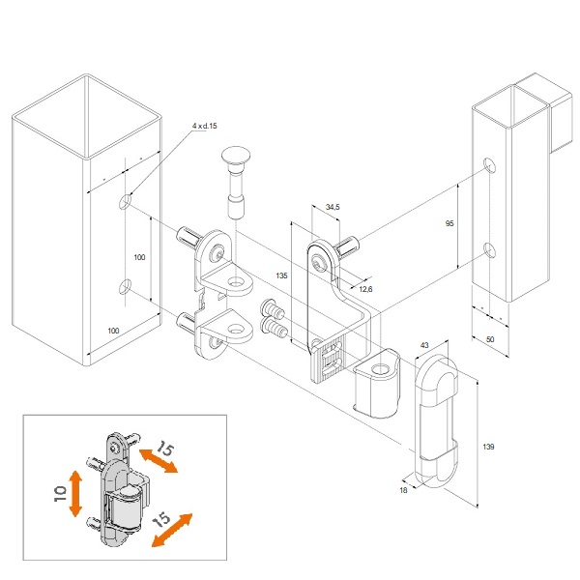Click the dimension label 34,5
pyautogui.click(x=333, y=207)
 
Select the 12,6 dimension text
pyautogui.click(x=365, y=289)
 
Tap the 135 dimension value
pyautogui.click(x=281, y=275)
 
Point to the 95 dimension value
pyautogui.click(x=449, y=223)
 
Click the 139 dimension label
pyautogui.click(x=488, y=447)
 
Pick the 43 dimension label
pyautogui.click(x=424, y=345)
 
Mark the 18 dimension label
pyautogui.click(x=403, y=490)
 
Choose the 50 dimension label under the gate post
pyautogui.click(x=490, y=339)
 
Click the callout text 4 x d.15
pyautogui.click(x=205, y=126)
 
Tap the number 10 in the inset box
pyautogui.click(x=60, y=493)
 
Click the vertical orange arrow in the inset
pyautogui.click(x=75, y=493)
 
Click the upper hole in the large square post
pyautogui.click(x=125, y=202)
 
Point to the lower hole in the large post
pyautogui.click(x=125, y=287)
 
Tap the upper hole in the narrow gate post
pyautogui.click(x=490, y=165)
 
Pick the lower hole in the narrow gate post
pyautogui.click(x=490, y=250)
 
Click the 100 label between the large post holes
pyautogui.click(x=139, y=257)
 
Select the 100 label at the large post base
pyautogui.click(x=113, y=331)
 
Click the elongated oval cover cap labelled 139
pyautogui.click(x=436, y=420)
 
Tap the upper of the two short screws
pyautogui.click(x=273, y=309)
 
